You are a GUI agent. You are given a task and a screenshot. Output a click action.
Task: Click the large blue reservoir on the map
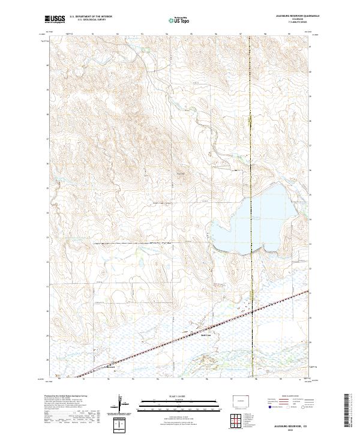coord(252,222)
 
